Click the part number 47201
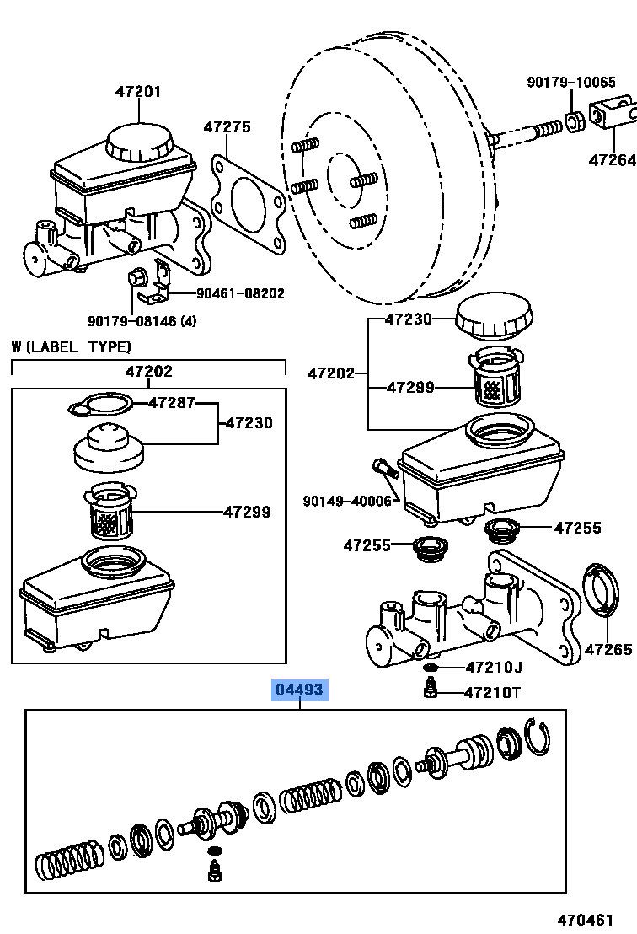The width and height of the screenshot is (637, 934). tap(138, 92)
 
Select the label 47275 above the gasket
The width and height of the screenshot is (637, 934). tap(227, 127)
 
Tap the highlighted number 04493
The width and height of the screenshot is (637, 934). tap(297, 690)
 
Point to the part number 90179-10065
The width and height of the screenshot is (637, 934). tap(571, 82)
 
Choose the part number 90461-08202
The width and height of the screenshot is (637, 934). tap(240, 293)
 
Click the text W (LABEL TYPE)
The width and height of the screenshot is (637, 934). tap(72, 346)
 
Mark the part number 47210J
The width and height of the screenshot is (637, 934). tap(494, 668)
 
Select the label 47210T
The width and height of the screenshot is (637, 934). tap(494, 693)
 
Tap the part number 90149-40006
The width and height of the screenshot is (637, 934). tap(348, 501)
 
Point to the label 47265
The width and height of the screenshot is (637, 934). tap(608, 649)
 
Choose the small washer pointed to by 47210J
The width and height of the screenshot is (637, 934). tap(431, 668)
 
